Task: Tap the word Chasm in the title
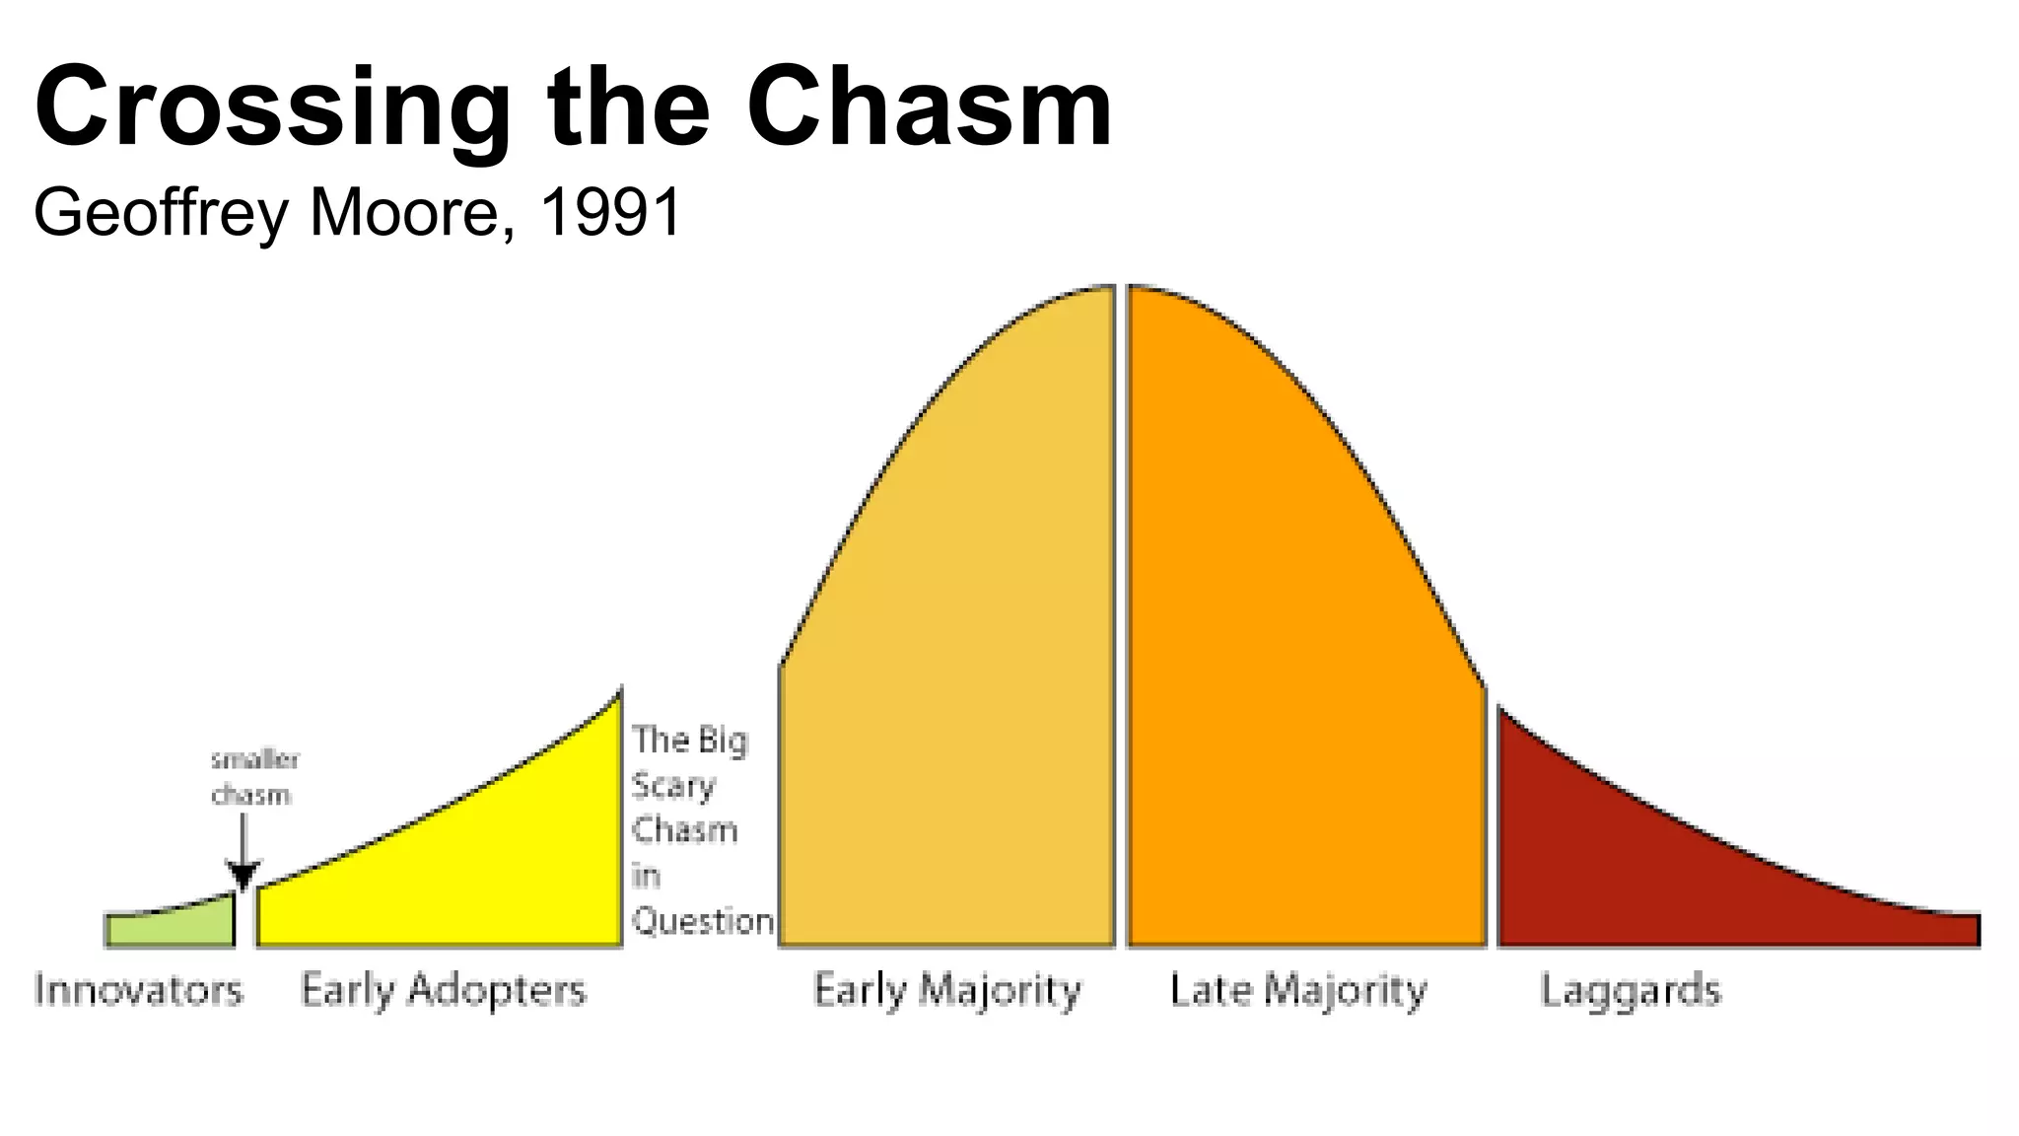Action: point(929,106)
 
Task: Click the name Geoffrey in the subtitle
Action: point(161,214)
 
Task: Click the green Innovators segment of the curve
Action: point(170,929)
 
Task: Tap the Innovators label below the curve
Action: point(138,990)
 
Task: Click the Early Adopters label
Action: point(443,990)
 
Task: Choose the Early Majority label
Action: point(946,990)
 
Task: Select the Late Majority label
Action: point(1297,990)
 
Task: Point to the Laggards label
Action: point(1631,990)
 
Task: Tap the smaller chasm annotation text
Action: point(254,777)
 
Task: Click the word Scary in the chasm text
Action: point(673,786)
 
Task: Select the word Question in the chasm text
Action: point(702,921)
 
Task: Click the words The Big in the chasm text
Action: point(690,740)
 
